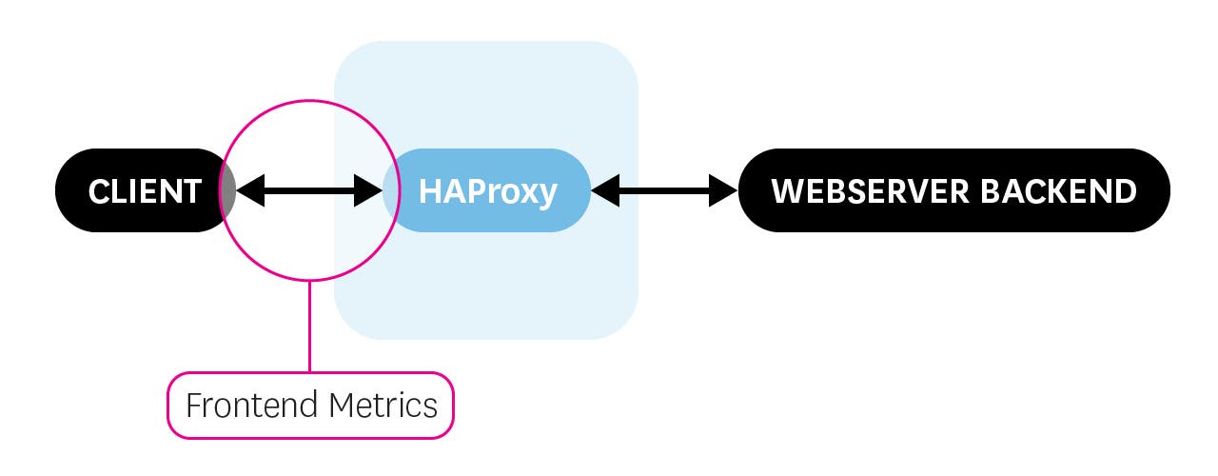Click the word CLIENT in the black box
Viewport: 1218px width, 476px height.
[x=145, y=191]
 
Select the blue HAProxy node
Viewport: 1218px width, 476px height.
[x=487, y=190]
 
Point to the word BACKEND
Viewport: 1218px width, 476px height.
[x=1057, y=191]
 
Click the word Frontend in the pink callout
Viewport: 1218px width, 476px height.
[x=252, y=406]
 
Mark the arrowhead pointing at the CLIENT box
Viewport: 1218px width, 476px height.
[x=249, y=191]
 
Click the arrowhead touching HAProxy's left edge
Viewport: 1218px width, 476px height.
[x=368, y=191]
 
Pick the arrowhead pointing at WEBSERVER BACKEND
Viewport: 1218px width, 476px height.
[x=724, y=191]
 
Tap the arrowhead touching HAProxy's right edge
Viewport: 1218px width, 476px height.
[x=604, y=191]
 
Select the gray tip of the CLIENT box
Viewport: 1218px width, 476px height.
[x=228, y=191]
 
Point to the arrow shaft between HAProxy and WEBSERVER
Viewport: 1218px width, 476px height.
[x=664, y=191]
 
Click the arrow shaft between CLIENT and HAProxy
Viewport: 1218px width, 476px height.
[x=309, y=191]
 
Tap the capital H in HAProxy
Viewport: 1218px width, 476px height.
[x=430, y=191]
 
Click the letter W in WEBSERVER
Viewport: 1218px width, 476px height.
[x=787, y=191]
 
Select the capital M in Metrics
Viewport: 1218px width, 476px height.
[x=342, y=406]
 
